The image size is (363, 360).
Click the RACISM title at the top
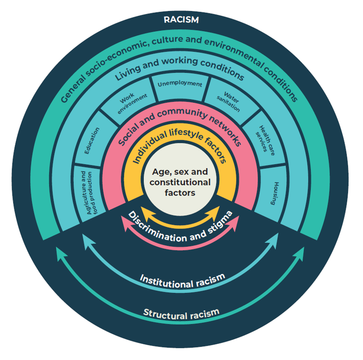[181, 20]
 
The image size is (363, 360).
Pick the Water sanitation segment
[229, 99]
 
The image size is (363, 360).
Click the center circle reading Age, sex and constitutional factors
[180, 182]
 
